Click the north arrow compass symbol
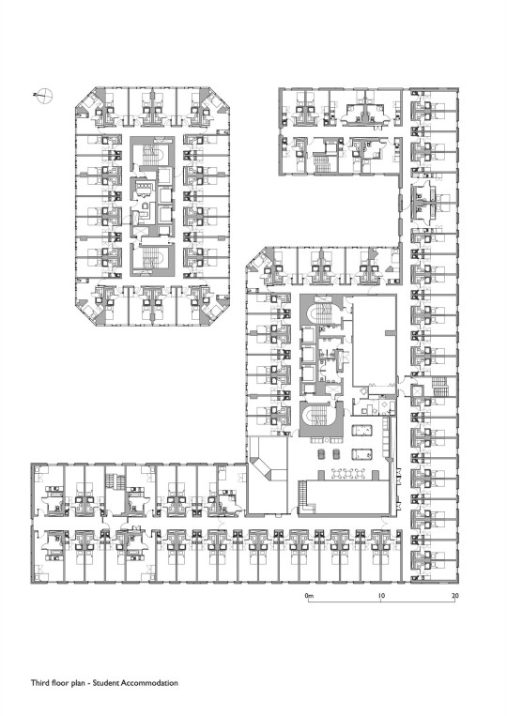coord(45,96)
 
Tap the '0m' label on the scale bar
coord(309,596)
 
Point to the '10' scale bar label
coord(381,596)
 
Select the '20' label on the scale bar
coord(455,596)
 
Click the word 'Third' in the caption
coord(38,683)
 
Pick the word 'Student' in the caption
coord(107,683)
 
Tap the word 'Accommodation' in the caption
coord(149,683)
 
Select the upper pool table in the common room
coord(361,431)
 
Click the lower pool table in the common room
coord(361,454)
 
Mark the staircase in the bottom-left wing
coord(115,481)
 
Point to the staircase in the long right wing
coord(439,387)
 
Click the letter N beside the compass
coord(35,95)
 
